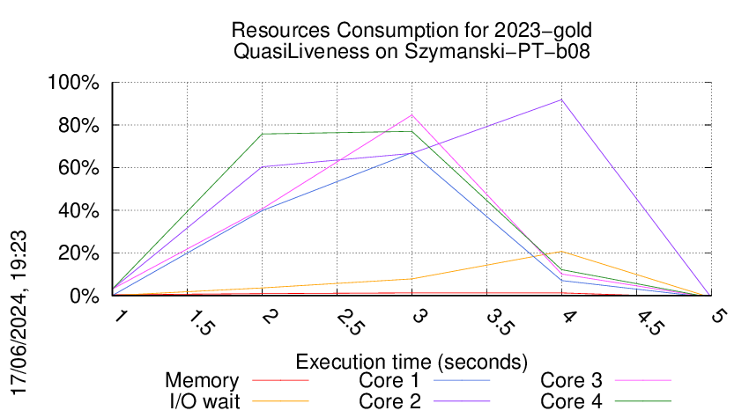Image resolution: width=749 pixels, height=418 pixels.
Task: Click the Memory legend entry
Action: click(202, 381)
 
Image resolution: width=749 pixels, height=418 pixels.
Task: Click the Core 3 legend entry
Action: click(572, 381)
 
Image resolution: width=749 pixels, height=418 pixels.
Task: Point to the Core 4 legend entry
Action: click(572, 400)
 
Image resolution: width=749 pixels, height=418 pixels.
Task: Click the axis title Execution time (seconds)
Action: click(412, 362)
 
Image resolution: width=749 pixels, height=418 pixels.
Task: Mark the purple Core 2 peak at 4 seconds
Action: click(561, 99)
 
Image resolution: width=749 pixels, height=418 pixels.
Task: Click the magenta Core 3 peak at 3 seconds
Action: click(412, 114)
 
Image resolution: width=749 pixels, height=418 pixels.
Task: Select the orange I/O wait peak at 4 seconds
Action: click(561, 252)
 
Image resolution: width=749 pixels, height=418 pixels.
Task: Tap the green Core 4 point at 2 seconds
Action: click(263, 134)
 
